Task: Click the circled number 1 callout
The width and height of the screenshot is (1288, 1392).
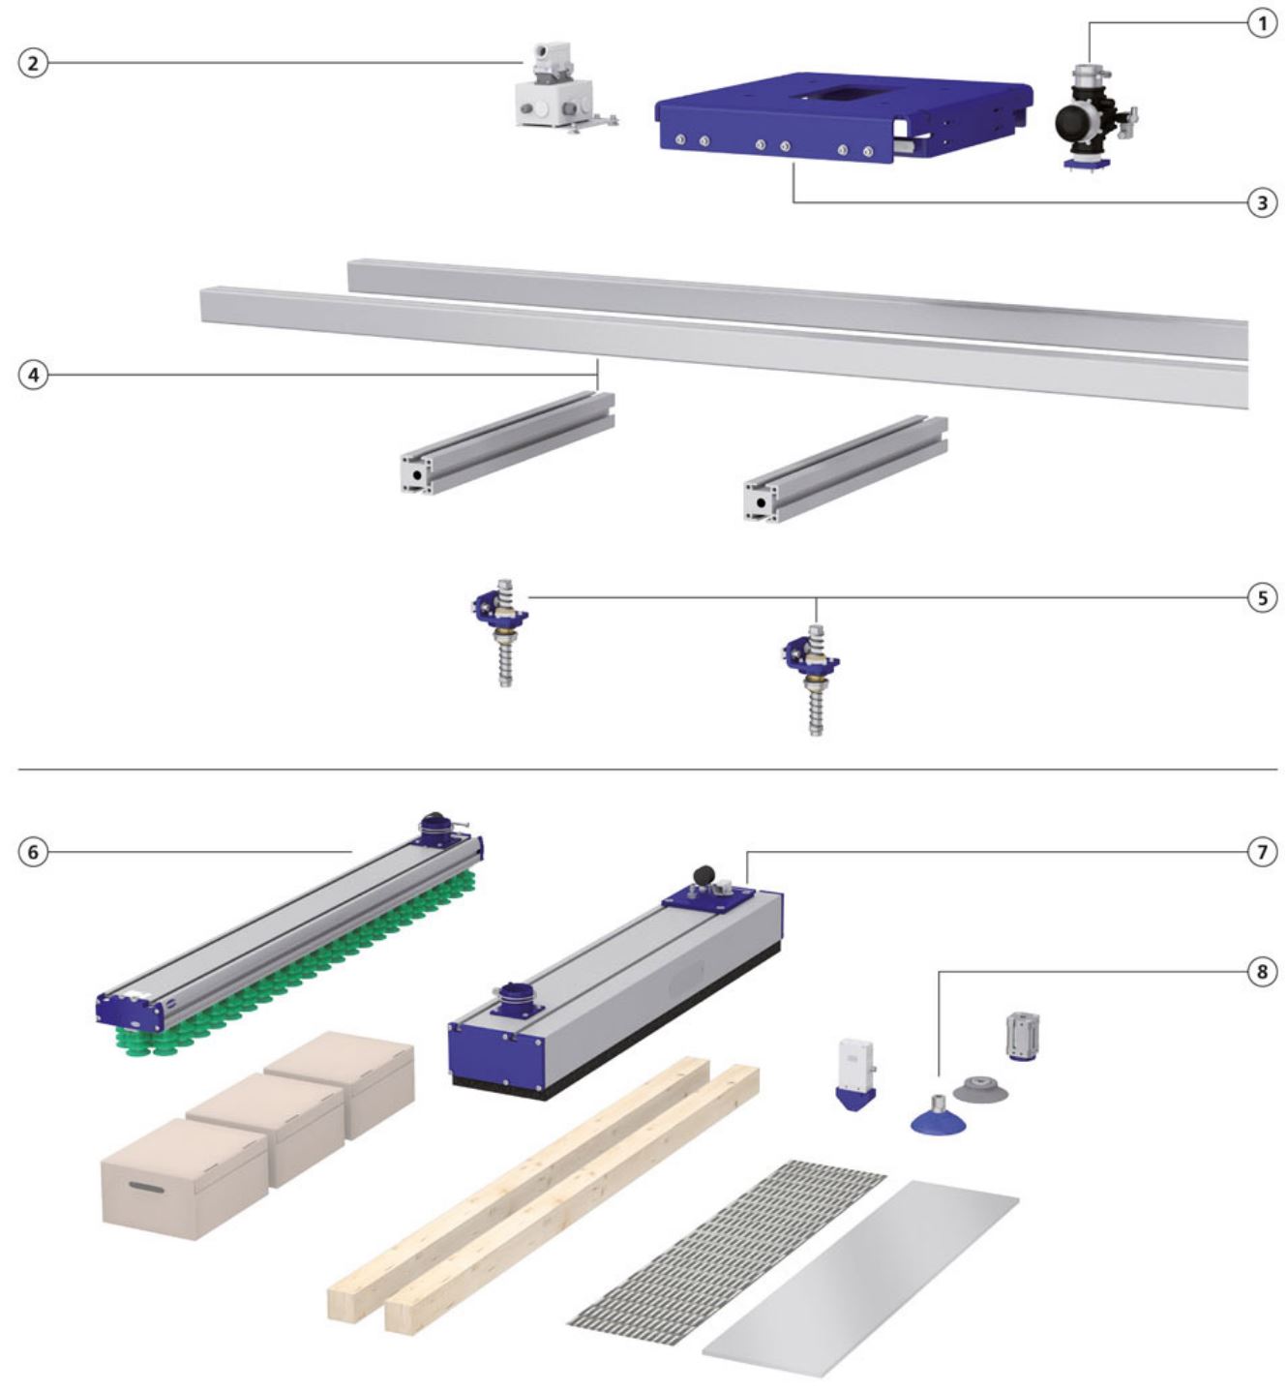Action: [x=1262, y=24]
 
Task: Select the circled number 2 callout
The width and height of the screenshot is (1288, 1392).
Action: [x=32, y=63]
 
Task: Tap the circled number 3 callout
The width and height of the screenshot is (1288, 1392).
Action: [x=1262, y=203]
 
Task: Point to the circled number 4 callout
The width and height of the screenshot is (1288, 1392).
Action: [x=32, y=375]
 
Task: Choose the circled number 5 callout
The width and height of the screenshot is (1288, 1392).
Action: [x=1262, y=598]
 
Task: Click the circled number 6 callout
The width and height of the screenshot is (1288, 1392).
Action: [x=32, y=853]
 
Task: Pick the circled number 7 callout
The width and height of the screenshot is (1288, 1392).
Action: [x=1262, y=852]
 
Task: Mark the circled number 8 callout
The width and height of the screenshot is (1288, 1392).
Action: [x=1262, y=972]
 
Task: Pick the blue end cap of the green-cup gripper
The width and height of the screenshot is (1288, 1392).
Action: [x=134, y=1009]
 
